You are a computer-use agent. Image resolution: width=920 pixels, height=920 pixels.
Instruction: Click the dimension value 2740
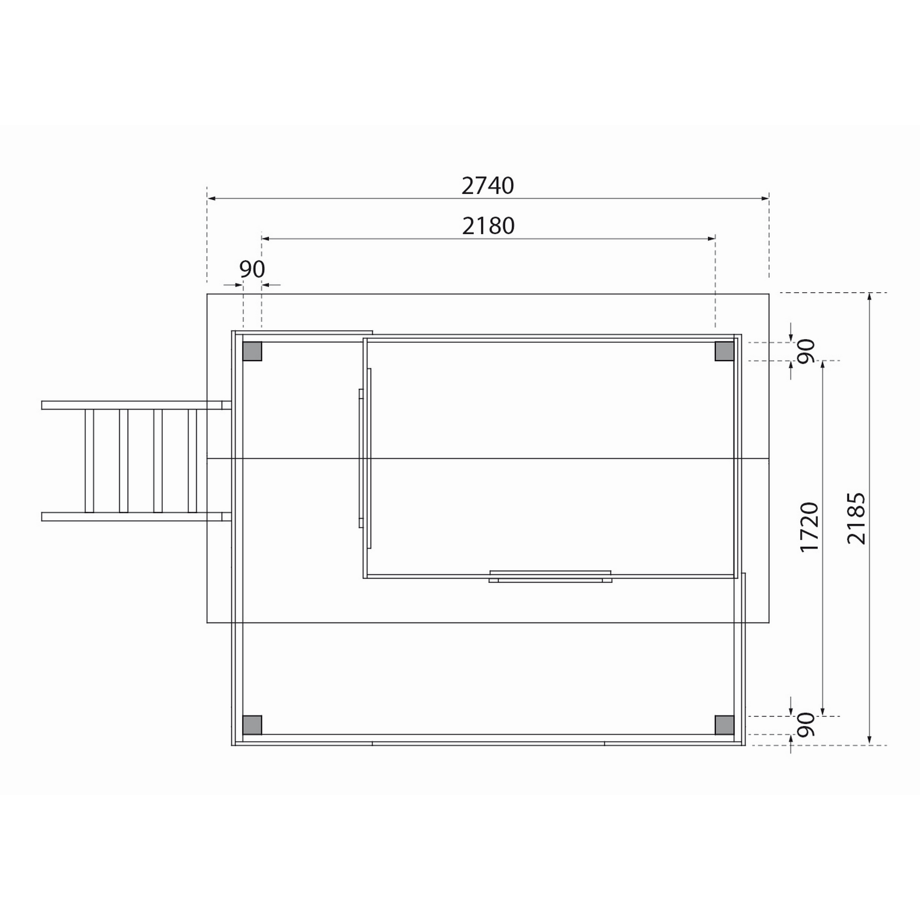click(488, 186)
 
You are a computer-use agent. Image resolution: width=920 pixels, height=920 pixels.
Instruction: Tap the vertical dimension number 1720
click(809, 526)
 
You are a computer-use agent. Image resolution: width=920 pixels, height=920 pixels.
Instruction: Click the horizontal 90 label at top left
click(252, 270)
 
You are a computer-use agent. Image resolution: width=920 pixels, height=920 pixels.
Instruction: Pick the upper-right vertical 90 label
click(806, 351)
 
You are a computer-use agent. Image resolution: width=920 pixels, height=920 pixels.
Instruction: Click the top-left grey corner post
click(253, 351)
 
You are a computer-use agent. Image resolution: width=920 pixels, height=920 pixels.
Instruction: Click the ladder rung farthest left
click(89, 460)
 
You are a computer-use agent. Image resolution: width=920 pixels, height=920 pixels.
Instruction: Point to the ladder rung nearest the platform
click(192, 460)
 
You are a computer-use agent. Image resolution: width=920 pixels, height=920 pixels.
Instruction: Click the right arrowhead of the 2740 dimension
click(765, 198)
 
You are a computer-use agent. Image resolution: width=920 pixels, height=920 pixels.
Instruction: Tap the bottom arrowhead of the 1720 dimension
click(823, 725)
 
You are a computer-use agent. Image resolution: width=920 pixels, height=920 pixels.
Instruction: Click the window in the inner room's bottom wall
click(550, 577)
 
